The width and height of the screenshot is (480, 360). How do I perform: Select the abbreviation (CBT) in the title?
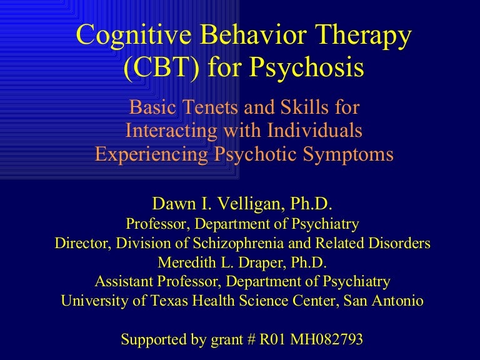click(x=161, y=67)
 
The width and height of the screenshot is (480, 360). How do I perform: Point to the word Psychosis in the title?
click(x=306, y=67)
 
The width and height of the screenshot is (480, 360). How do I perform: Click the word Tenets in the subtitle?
click(x=210, y=107)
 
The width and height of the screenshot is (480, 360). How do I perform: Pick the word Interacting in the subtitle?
click(x=172, y=130)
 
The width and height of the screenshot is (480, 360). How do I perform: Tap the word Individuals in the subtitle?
click(x=315, y=130)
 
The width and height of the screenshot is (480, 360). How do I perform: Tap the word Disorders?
click(x=399, y=243)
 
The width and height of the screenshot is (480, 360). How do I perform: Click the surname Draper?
click(x=262, y=263)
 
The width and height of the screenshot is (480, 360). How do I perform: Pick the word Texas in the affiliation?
click(x=169, y=301)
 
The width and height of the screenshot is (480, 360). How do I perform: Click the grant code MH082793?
click(x=326, y=339)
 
